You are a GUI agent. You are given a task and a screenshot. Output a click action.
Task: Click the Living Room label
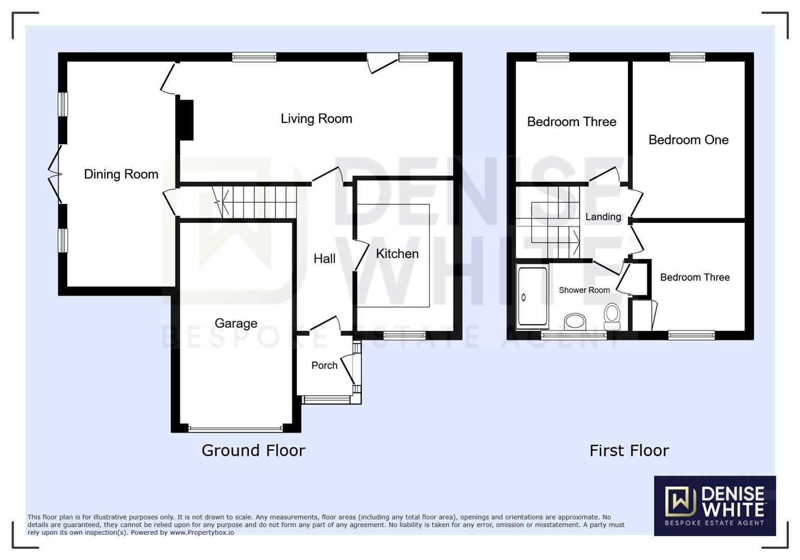click(x=316, y=119)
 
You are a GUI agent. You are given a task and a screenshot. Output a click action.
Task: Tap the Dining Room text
click(x=121, y=174)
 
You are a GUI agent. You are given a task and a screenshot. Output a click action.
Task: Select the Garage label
click(x=236, y=324)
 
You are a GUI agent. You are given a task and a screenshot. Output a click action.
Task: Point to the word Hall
click(x=324, y=259)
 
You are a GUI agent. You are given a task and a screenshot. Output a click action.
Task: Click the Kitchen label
click(x=397, y=254)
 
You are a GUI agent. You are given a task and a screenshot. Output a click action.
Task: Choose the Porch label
click(x=324, y=366)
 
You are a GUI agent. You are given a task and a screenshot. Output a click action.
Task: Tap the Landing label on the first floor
click(x=603, y=217)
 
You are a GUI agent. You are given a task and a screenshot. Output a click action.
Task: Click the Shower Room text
click(x=584, y=290)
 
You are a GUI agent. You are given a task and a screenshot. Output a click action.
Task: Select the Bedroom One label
click(x=688, y=140)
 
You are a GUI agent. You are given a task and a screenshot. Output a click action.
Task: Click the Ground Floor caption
click(x=253, y=450)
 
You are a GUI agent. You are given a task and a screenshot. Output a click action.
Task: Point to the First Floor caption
click(x=629, y=450)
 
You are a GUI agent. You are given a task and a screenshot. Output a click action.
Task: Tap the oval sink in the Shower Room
click(x=575, y=321)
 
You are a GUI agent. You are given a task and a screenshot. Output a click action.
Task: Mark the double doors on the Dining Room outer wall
click(x=55, y=174)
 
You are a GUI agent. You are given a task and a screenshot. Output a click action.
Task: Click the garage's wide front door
click(x=236, y=429)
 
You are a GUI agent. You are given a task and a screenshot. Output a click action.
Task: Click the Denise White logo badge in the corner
click(x=715, y=505)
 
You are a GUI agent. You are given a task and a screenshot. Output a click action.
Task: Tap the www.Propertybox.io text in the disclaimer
click(x=202, y=533)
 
